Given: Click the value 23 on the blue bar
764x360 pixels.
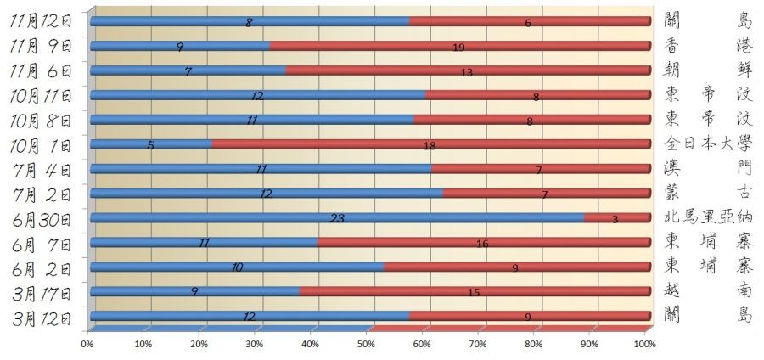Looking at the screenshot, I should pyautogui.click(x=337, y=219).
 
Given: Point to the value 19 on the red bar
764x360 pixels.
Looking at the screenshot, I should pyautogui.click(x=458, y=48).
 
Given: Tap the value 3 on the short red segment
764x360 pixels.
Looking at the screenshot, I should pyautogui.click(x=615, y=219).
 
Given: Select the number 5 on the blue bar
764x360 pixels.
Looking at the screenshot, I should pyautogui.click(x=150, y=145).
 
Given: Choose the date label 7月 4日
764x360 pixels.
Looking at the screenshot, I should pyautogui.click(x=43, y=169).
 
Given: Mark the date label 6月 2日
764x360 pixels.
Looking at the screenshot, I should pyautogui.click(x=43, y=267).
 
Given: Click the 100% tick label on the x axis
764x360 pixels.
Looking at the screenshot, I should pyautogui.click(x=644, y=344).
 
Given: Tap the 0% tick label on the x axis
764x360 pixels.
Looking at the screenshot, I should pyautogui.click(x=87, y=344).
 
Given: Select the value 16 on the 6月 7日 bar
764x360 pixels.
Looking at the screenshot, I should pyautogui.click(x=482, y=244).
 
